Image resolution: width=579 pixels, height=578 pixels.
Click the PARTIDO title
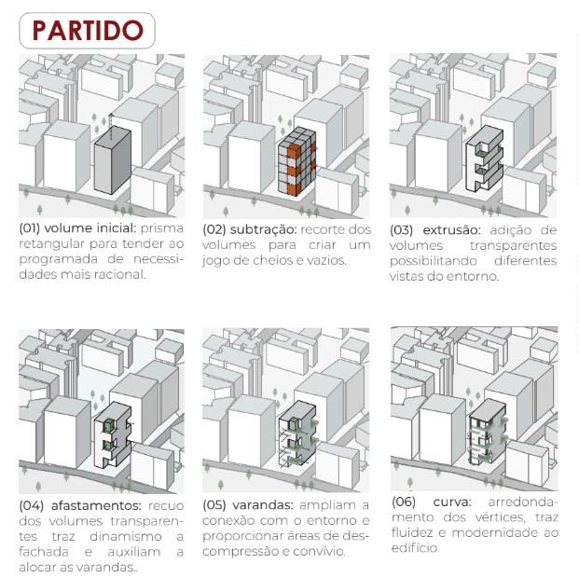88,30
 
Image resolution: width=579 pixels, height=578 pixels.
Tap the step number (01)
30,228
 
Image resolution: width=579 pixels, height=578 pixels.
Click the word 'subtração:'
263,229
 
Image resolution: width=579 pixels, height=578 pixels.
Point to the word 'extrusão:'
451,230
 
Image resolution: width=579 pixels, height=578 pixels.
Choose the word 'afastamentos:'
96,505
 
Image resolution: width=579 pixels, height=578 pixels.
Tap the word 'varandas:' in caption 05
263,505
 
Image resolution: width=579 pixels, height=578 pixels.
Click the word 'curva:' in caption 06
452,502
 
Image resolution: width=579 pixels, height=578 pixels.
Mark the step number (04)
31,505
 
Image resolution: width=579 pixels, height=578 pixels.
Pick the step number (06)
404,502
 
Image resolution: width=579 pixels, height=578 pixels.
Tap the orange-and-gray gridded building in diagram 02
296,161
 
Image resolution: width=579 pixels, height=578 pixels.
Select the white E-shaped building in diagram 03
485,158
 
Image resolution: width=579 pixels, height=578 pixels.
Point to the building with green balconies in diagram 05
297,433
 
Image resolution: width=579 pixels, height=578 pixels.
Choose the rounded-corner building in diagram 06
488,432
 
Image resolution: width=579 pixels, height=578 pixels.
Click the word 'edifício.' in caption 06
416,548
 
